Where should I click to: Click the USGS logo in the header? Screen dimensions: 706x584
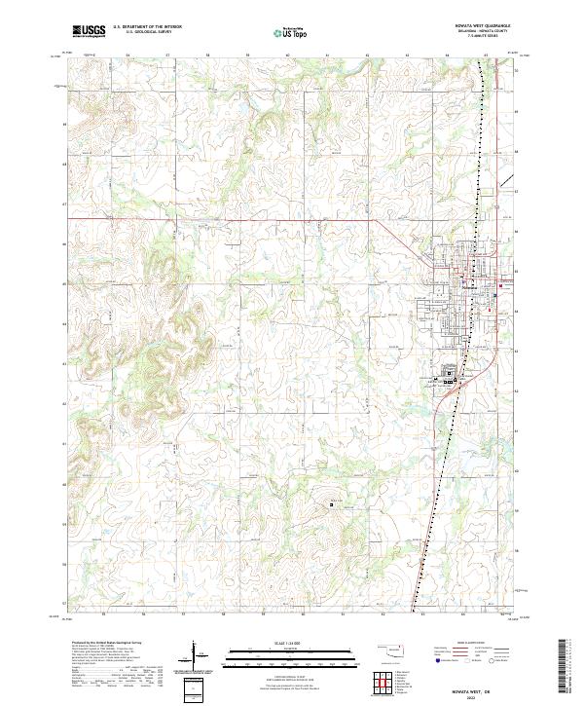[x=89, y=32]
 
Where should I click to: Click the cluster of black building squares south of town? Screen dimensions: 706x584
[x=450, y=376]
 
